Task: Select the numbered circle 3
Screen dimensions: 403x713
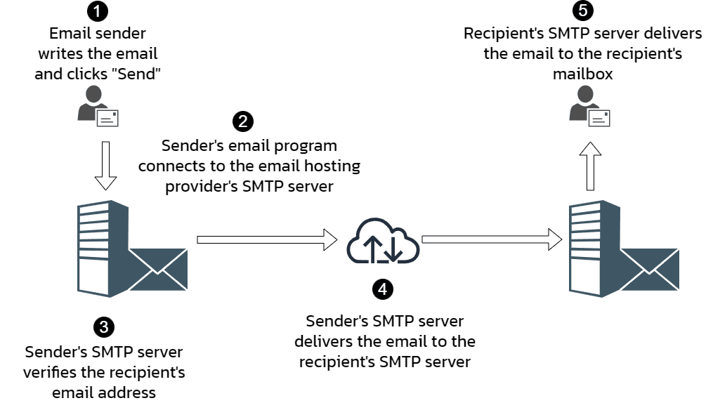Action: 104,326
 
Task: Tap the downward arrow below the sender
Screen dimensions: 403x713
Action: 105,166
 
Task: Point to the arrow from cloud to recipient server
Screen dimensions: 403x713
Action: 492,239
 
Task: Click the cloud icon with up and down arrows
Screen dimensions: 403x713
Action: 383,239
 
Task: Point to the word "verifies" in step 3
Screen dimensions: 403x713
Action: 48,371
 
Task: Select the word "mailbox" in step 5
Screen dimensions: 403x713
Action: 582,73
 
